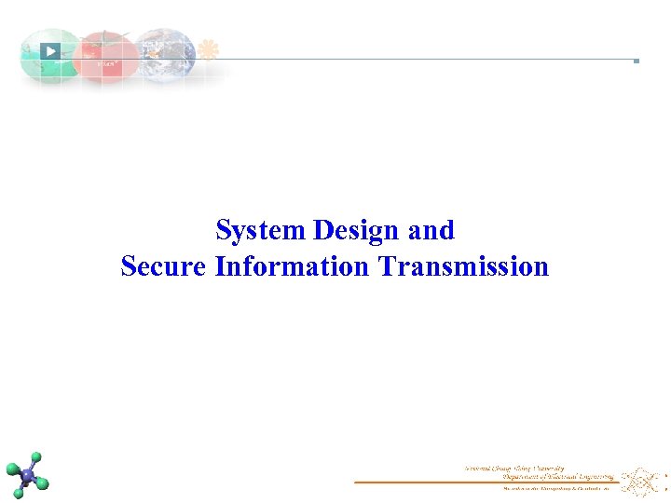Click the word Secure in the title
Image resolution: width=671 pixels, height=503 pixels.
point(164,267)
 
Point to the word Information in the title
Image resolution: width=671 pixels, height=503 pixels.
point(292,267)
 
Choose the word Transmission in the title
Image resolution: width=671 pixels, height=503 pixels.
point(463,267)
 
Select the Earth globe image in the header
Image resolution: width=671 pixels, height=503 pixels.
point(166,54)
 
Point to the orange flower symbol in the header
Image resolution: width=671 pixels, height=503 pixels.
point(209,49)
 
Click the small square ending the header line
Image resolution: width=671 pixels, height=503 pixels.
point(636,61)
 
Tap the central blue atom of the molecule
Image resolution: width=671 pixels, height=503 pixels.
point(28,476)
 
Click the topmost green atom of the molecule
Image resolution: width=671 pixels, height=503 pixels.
point(36,457)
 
